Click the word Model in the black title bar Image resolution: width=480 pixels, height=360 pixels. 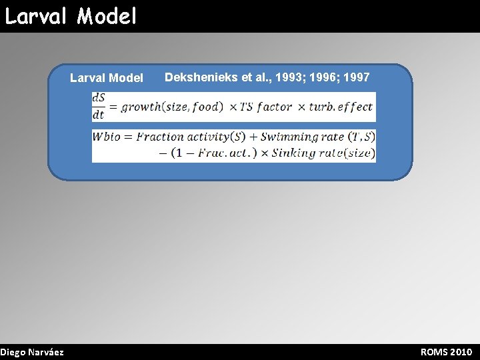pyautogui.click(x=106, y=15)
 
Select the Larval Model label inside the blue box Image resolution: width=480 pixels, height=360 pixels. pyautogui.click(x=107, y=78)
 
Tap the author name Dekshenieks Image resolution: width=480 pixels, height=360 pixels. pyautogui.click(x=202, y=77)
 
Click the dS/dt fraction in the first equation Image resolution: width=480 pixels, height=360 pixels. pyautogui.click(x=99, y=107)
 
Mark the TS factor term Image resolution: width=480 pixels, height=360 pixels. pyautogui.click(x=266, y=107)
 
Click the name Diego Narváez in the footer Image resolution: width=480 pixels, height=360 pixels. pyautogui.click(x=32, y=352)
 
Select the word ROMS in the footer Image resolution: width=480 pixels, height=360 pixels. pyautogui.click(x=434, y=352)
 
